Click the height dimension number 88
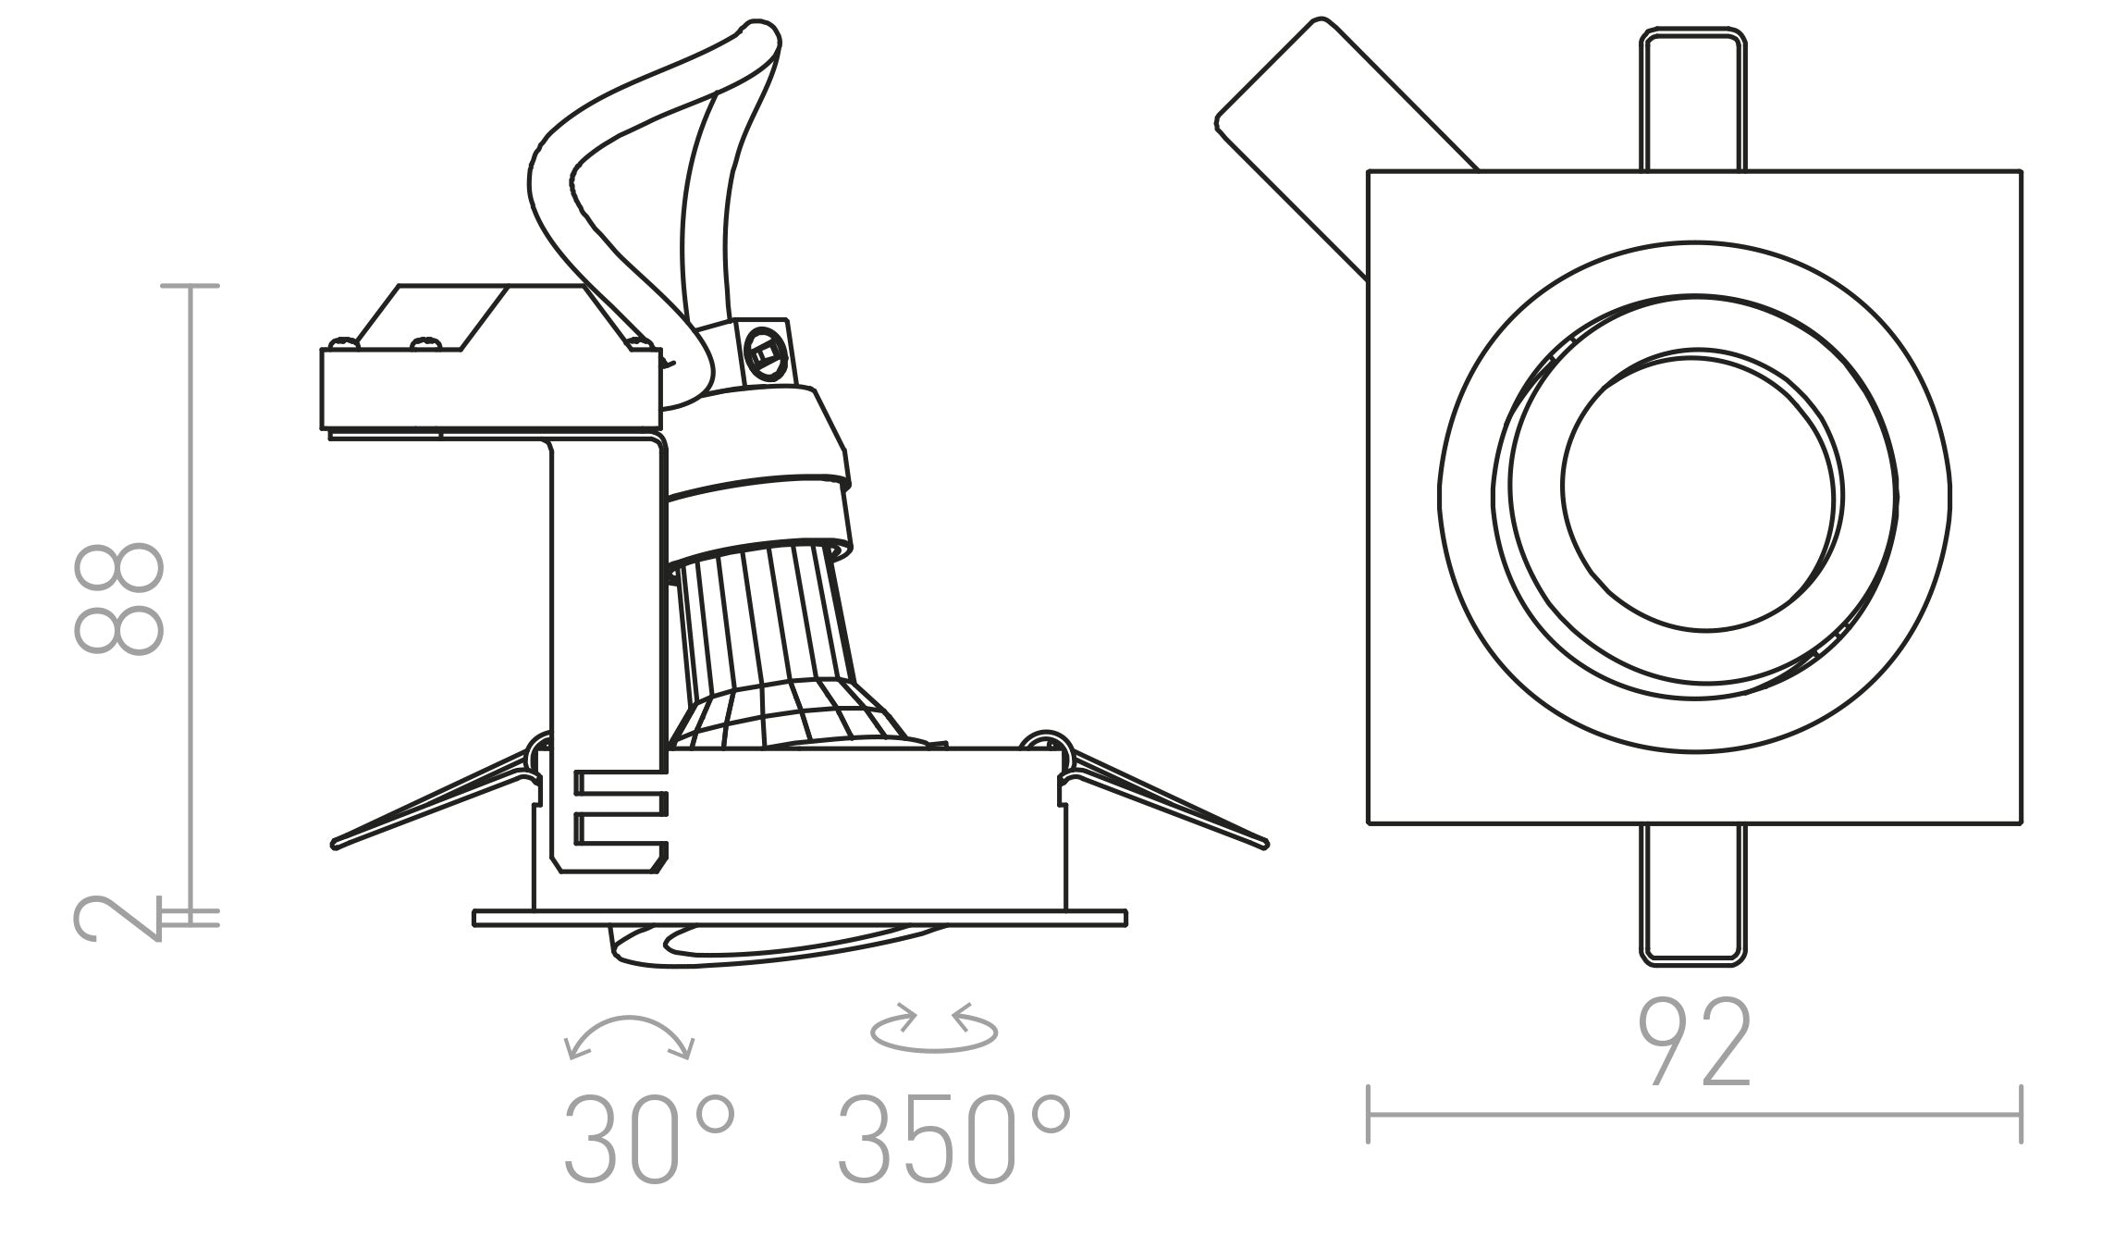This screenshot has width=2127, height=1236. coord(118,599)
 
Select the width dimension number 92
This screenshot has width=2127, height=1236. coord(1694,1043)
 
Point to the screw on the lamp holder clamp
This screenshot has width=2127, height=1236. coord(764,352)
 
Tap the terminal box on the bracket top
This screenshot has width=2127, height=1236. coord(490,389)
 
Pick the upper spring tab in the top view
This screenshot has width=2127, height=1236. coord(1693,102)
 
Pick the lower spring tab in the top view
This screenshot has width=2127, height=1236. coord(1693,893)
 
